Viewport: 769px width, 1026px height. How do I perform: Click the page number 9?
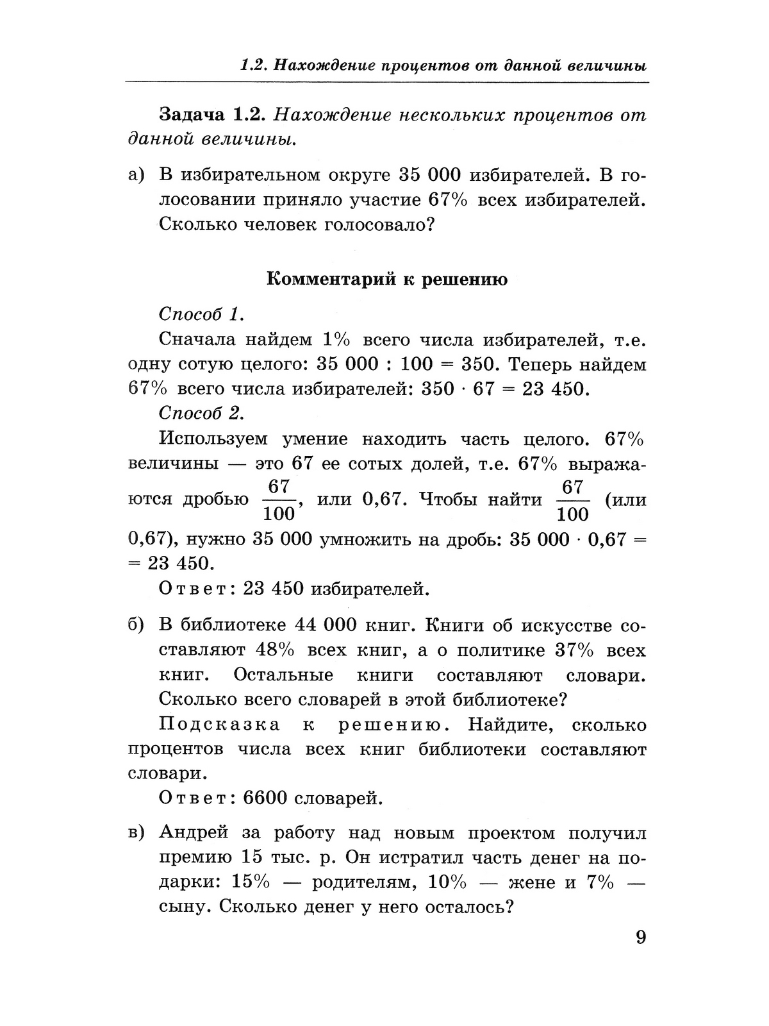pyautogui.click(x=641, y=938)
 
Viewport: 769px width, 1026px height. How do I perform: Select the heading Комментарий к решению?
pyautogui.click(x=386, y=280)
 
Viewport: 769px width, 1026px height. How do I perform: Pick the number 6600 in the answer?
pyautogui.click(x=267, y=798)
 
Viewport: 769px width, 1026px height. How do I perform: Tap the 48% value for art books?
pyautogui.click(x=275, y=650)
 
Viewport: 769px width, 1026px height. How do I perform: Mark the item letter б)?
pyautogui.click(x=136, y=626)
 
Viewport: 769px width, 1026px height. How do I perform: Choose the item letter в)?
pyautogui.click(x=136, y=833)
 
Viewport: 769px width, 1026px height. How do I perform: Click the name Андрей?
pyautogui.click(x=194, y=833)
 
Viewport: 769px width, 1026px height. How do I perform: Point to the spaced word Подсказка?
pyautogui.click(x=219, y=725)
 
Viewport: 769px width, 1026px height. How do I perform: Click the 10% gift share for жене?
pyautogui.click(x=447, y=882)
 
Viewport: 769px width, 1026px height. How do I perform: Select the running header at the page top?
pyautogui.click(x=443, y=66)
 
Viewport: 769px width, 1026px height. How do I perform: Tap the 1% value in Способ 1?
pyautogui.click(x=338, y=339)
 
